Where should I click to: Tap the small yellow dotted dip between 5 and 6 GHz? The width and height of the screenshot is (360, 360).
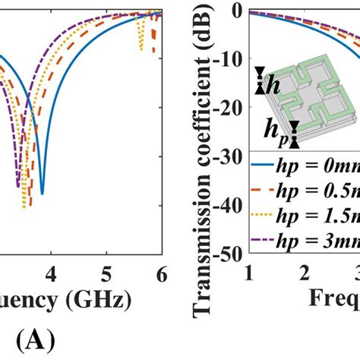pos(141,49)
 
